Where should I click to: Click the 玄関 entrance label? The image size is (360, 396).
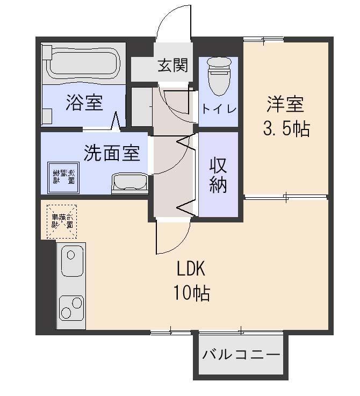point(172,66)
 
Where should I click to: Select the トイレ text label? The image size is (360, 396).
point(219,109)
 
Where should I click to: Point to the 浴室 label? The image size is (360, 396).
point(84,102)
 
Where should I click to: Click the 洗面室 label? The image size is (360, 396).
point(112,154)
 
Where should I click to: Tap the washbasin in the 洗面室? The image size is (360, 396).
point(129,183)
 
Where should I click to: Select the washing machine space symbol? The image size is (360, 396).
point(63,177)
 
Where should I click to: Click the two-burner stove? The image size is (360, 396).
point(71,308)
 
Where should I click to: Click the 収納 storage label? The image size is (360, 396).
point(218,174)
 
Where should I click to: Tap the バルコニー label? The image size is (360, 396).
point(241,355)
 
